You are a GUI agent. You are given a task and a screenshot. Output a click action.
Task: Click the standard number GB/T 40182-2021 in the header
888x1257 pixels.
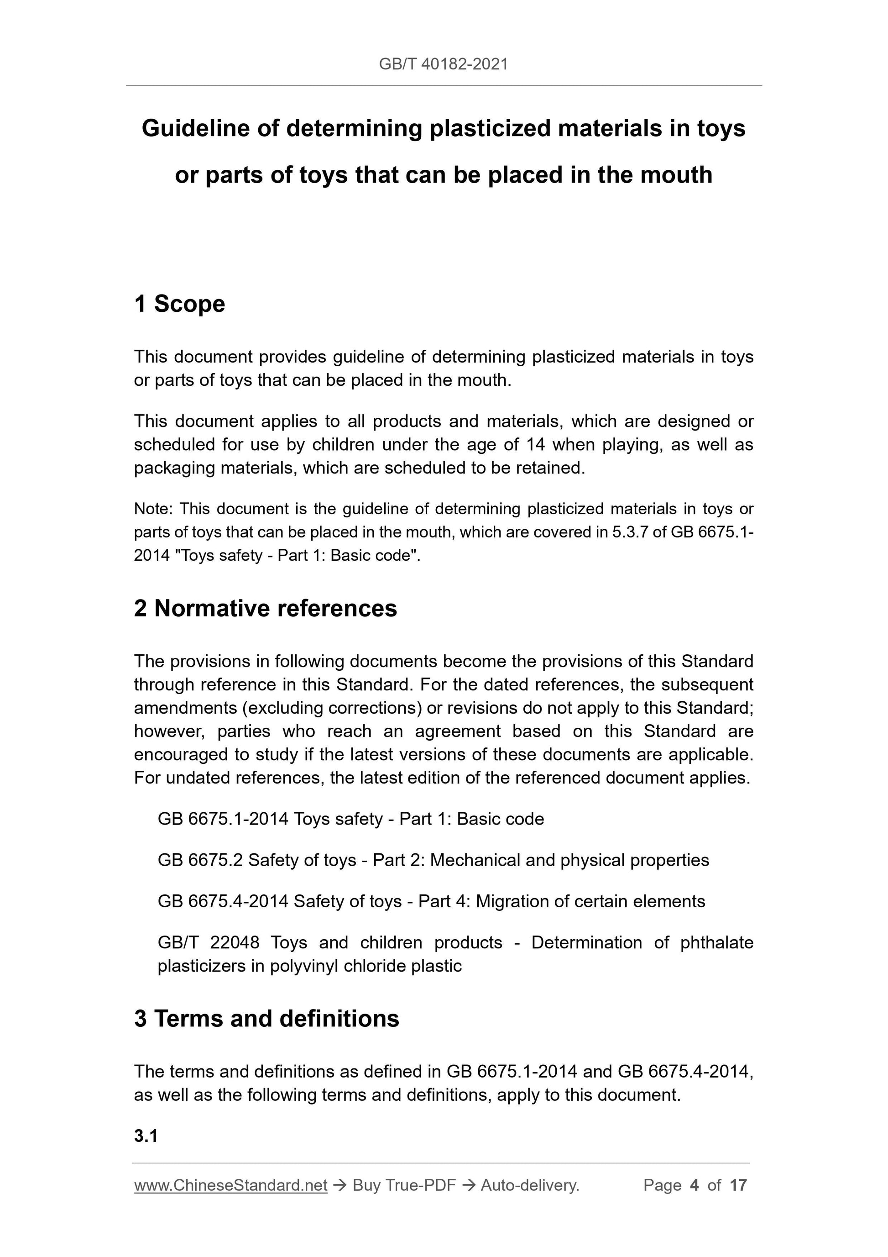[x=443, y=64]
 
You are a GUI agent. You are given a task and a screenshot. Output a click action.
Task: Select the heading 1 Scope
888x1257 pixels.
[x=179, y=304]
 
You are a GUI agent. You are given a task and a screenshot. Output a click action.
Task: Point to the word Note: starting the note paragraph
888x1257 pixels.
[x=153, y=509]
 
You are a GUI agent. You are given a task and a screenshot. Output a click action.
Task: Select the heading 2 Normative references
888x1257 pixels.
[x=266, y=608]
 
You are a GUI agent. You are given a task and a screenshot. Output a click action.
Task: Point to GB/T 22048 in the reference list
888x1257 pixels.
[x=208, y=942]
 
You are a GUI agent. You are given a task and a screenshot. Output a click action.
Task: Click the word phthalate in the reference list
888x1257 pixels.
[x=717, y=942]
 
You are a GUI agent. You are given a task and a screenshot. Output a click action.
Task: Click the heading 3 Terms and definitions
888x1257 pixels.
[x=266, y=1018]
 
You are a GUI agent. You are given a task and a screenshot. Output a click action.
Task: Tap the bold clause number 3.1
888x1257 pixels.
[x=146, y=1136]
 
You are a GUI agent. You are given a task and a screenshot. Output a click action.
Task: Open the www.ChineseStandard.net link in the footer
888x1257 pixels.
[x=230, y=1185]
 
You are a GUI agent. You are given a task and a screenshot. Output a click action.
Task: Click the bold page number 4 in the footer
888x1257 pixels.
[x=695, y=1185]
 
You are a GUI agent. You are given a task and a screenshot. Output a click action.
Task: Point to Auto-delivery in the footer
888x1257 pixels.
[x=530, y=1185]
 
